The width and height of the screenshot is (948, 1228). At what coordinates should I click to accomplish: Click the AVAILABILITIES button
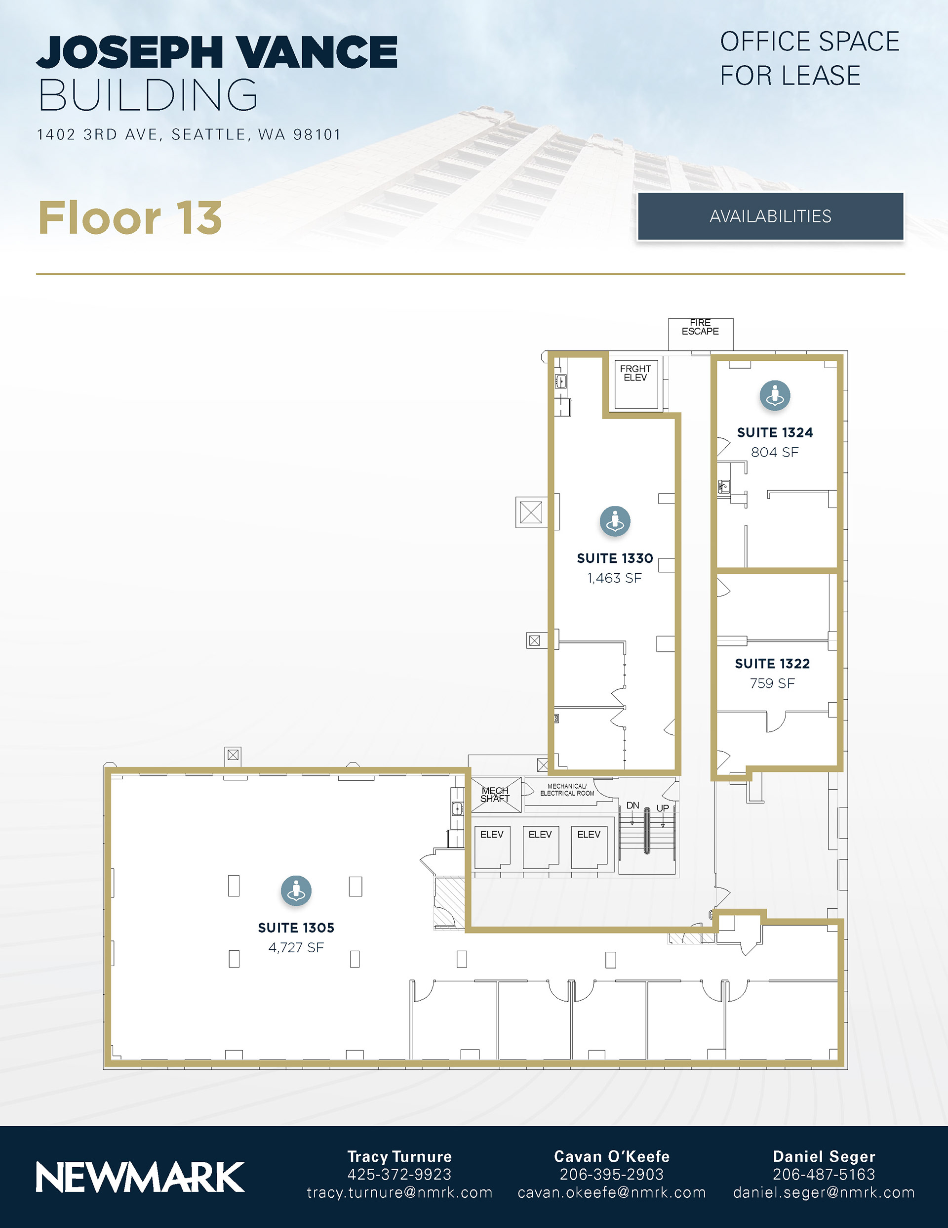click(x=770, y=216)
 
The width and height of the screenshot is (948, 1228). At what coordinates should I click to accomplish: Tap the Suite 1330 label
click(x=615, y=558)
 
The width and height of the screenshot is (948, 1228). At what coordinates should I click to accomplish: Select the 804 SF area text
click(x=774, y=452)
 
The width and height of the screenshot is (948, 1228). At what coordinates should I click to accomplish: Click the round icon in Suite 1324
click(x=775, y=395)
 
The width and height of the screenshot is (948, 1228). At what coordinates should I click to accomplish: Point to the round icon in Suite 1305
click(x=296, y=890)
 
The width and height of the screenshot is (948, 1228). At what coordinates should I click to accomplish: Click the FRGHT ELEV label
click(x=635, y=373)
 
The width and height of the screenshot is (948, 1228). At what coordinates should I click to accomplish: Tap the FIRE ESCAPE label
click(x=700, y=327)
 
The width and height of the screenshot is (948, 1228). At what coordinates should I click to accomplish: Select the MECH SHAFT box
click(x=496, y=795)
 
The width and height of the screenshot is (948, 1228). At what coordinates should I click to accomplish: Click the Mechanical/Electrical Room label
click(x=567, y=790)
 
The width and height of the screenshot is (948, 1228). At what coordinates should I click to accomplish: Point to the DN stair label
click(x=633, y=805)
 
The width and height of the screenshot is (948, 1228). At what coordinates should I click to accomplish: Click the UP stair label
click(x=663, y=808)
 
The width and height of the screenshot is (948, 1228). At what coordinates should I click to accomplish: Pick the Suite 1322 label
click(x=772, y=664)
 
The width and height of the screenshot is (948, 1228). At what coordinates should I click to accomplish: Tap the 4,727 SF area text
click(x=296, y=947)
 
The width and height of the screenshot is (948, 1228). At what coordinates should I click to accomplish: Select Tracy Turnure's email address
click(x=399, y=1192)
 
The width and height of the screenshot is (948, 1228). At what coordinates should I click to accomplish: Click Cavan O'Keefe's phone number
click(x=611, y=1174)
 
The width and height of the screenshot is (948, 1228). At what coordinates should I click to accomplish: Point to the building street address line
click(x=189, y=134)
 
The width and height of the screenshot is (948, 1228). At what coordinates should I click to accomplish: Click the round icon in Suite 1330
click(x=615, y=521)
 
